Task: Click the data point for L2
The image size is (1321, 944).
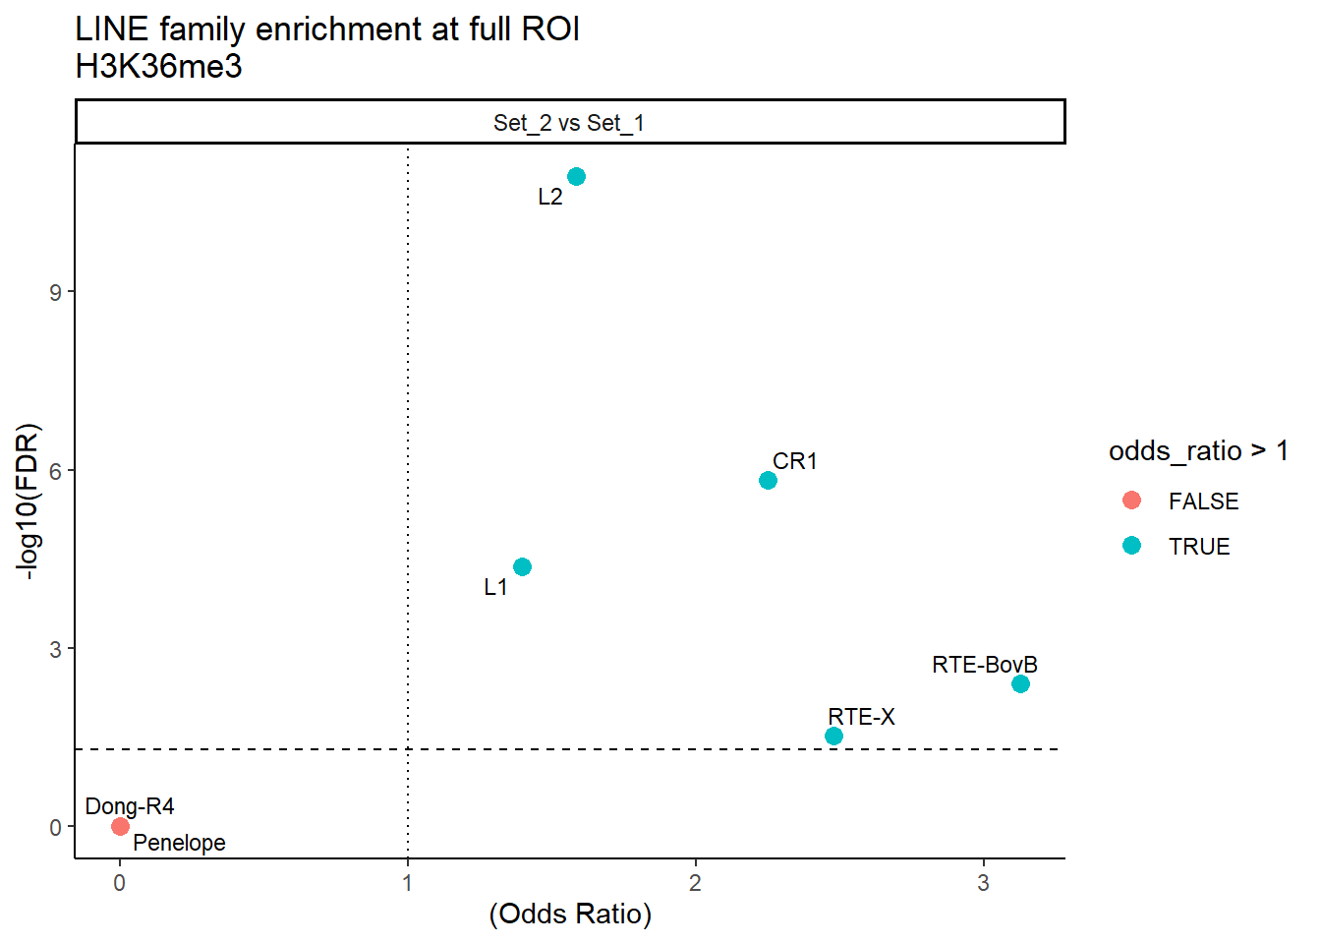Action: (x=576, y=177)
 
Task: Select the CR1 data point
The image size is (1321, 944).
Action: (x=768, y=481)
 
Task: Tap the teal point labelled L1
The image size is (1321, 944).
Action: (x=522, y=567)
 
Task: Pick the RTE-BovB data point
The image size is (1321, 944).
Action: (x=1020, y=684)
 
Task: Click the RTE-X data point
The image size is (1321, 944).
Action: (x=833, y=737)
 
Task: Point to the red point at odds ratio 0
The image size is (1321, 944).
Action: (x=120, y=827)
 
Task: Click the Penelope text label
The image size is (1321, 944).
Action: (x=179, y=843)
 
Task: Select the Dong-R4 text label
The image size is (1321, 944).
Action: (x=130, y=807)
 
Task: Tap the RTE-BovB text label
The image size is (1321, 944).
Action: (x=984, y=665)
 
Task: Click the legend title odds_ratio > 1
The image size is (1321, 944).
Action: (x=1197, y=451)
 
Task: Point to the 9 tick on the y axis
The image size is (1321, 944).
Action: (x=56, y=292)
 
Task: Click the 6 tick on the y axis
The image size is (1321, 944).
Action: (x=56, y=471)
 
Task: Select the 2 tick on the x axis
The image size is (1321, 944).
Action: (x=695, y=883)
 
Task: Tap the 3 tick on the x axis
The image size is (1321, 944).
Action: (x=983, y=883)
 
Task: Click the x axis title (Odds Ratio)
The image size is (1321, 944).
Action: (x=570, y=914)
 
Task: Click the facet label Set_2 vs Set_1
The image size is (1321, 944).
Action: (x=569, y=123)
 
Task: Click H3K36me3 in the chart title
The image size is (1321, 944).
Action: (x=158, y=67)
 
